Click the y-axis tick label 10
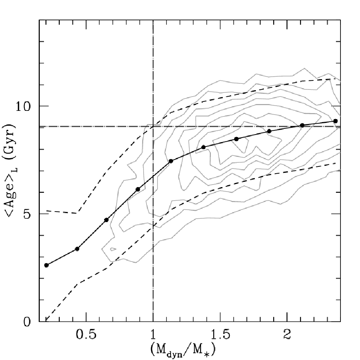point(23,106)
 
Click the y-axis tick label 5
point(27,214)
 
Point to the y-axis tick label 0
point(27,322)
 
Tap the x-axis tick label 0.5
point(86,335)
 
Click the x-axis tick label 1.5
point(220,335)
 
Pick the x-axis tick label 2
point(287,335)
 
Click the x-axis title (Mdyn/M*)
point(183,350)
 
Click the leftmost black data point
point(46,265)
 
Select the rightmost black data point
point(336,121)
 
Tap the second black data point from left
point(77,249)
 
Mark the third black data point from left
point(106,220)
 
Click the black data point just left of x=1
point(138,189)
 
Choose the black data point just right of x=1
point(171,161)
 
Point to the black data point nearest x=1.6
point(236,139)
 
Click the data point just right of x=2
point(303,125)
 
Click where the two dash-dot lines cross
point(153,126)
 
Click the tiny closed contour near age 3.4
point(113,249)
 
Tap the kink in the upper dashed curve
point(78,213)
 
